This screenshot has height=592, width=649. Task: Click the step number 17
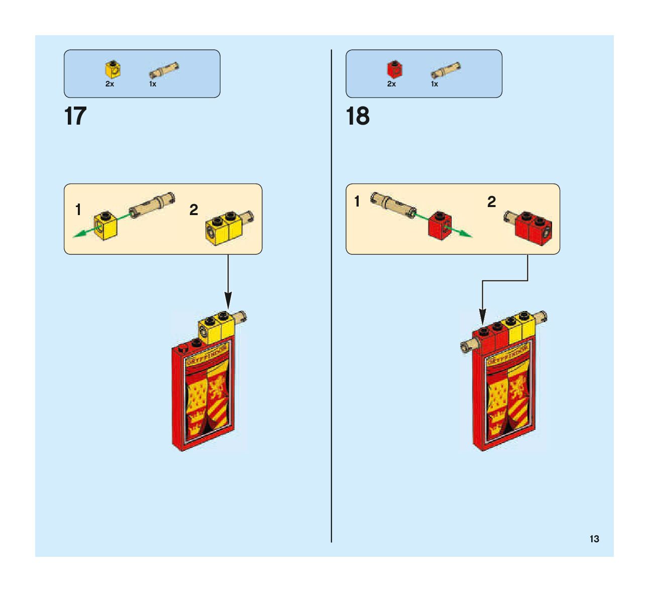[75, 117]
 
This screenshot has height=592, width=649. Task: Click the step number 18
[358, 117]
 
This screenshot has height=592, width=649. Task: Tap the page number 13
[594, 539]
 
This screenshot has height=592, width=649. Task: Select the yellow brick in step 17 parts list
[113, 70]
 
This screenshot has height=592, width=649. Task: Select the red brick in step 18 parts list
[394, 69]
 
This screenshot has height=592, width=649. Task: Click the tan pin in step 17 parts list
[164, 71]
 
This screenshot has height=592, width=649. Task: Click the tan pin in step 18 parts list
[446, 71]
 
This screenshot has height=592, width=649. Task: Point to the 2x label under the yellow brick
[110, 84]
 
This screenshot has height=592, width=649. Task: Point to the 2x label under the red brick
[391, 84]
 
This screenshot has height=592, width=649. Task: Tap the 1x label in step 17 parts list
[153, 84]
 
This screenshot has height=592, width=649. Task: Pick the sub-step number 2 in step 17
[194, 210]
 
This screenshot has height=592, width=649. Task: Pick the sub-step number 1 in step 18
[357, 202]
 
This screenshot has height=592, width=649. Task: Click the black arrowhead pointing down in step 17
[228, 304]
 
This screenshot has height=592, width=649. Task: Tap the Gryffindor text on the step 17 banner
[206, 354]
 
